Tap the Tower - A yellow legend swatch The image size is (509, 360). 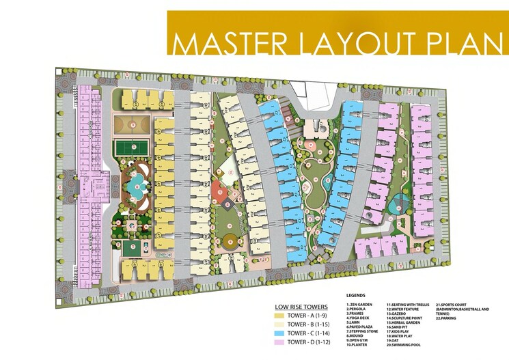(278, 315)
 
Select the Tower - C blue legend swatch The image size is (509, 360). (278, 333)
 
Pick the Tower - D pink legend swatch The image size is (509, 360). (278, 342)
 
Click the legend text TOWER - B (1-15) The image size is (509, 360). (312, 324)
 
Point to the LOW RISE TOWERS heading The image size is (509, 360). (303, 305)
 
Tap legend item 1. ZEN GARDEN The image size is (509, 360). (362, 304)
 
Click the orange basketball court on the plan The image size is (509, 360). (128, 125)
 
